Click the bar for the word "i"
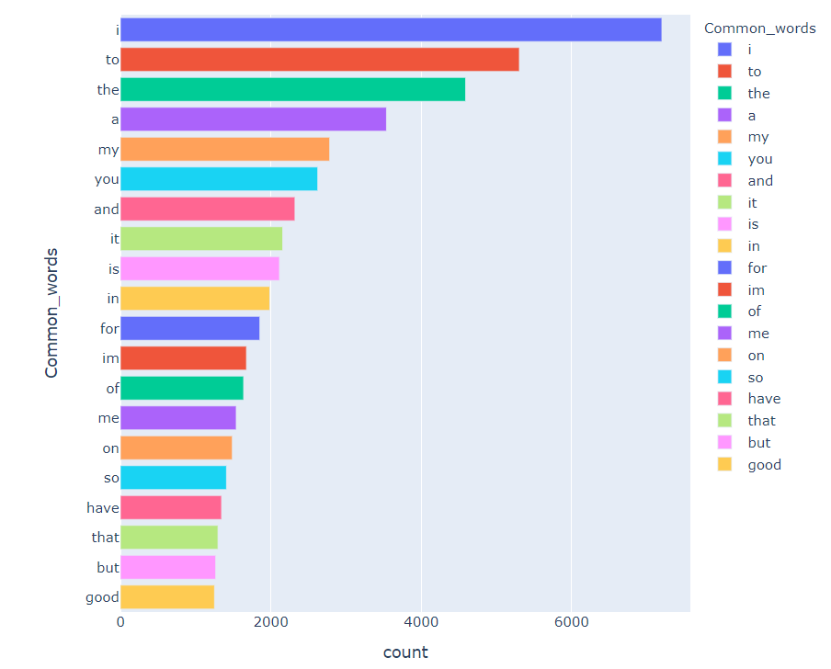point(391,30)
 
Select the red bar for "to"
point(319,60)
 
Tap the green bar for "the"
point(292,90)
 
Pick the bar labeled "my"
point(224,150)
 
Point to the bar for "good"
point(166,597)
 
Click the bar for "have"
point(170,507)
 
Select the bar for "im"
point(183,358)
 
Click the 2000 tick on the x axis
point(270,622)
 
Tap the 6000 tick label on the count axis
point(571,622)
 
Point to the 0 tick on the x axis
point(120,622)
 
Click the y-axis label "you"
point(107,179)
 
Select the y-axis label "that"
point(105,538)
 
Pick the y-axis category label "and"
point(107,210)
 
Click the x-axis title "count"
point(404,652)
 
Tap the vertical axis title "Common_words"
point(51,312)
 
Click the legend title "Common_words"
point(759,28)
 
